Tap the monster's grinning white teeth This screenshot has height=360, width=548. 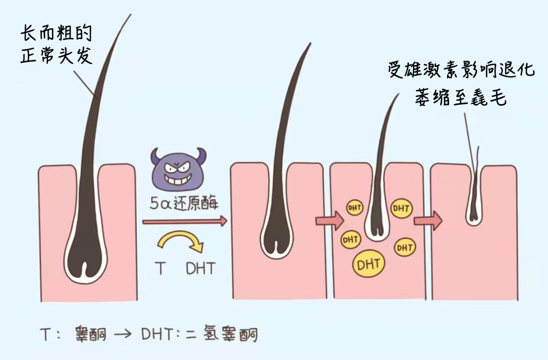(x=178, y=179)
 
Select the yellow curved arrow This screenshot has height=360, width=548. (x=181, y=241)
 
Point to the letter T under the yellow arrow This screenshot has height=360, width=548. (x=160, y=268)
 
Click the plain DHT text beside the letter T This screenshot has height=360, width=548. (x=200, y=268)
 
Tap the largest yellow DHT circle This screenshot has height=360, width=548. (x=369, y=264)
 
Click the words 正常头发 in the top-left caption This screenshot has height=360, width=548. (x=57, y=56)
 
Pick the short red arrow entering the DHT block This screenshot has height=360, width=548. (x=328, y=221)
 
